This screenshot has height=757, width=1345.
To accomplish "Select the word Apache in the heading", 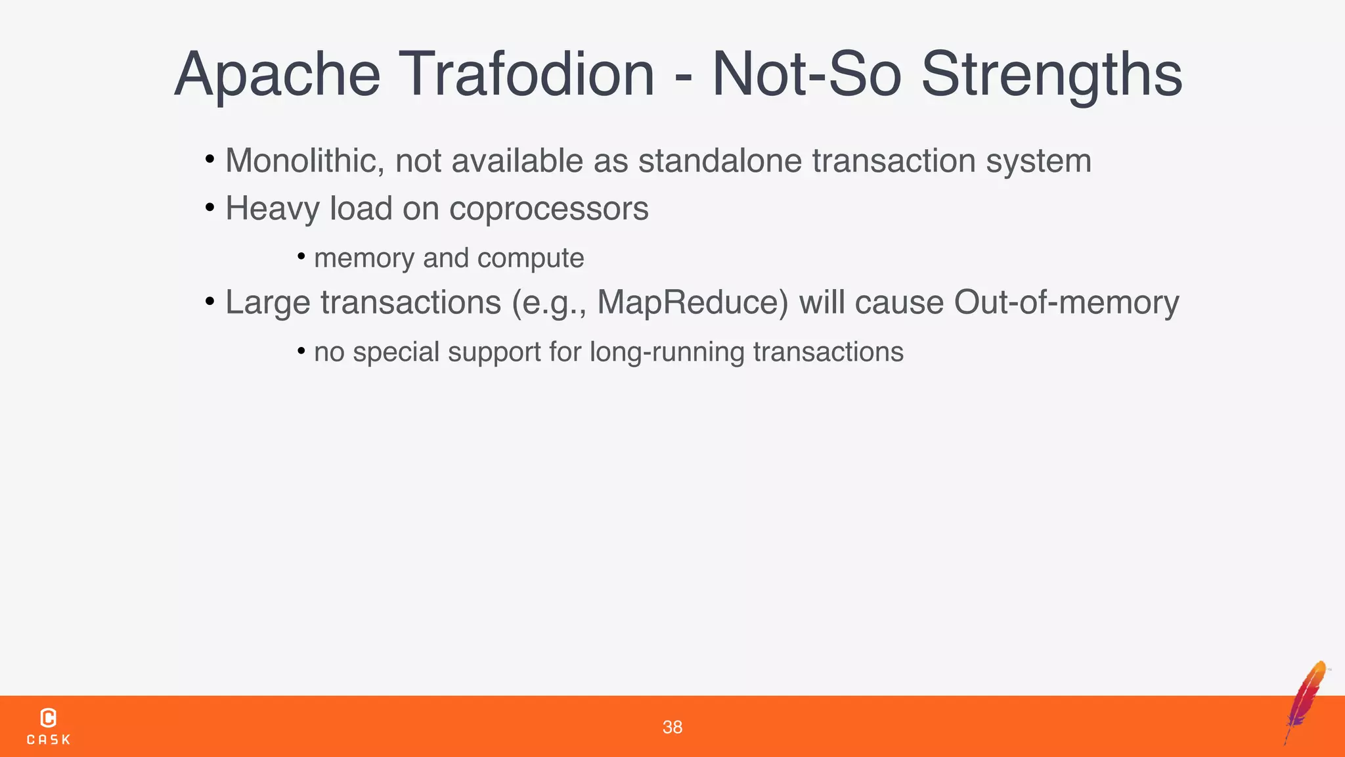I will (x=277, y=76).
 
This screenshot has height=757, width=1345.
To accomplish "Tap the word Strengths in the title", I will (x=1051, y=76).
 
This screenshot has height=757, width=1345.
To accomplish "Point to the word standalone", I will (x=720, y=161).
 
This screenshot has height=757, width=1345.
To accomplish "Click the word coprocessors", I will (x=548, y=209).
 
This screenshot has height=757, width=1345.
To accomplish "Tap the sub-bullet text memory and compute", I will (x=449, y=258).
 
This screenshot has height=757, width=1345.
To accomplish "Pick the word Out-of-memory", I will (x=1066, y=303).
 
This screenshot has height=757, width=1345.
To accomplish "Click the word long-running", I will (x=667, y=352).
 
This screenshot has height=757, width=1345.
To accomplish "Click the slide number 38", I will (x=672, y=727).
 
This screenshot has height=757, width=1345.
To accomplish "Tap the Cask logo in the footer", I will (x=48, y=726).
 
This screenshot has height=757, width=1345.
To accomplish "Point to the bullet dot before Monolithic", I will (x=209, y=160).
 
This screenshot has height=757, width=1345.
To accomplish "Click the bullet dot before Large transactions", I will (x=209, y=302).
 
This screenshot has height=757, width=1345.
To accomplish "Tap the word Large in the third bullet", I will (x=267, y=303).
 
